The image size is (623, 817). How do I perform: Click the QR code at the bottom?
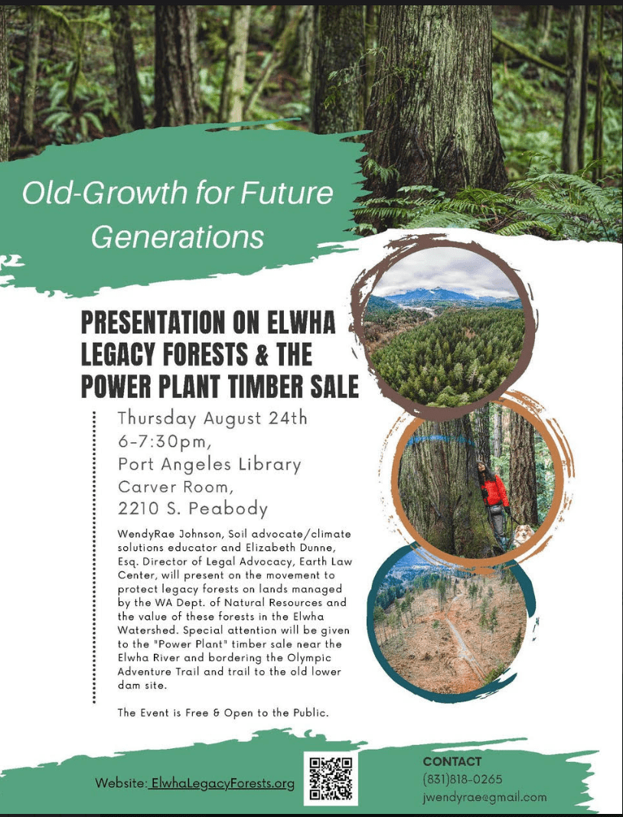(x=331, y=779)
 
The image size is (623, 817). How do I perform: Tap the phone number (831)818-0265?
(x=462, y=780)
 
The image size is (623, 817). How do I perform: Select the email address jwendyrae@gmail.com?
(x=484, y=797)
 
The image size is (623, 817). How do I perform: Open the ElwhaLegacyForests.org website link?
(x=221, y=783)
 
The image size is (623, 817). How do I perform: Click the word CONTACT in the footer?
(x=452, y=761)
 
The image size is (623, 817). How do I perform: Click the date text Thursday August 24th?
(x=212, y=418)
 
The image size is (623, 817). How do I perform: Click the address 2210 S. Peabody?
(x=193, y=509)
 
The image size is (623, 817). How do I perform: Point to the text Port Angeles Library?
(x=209, y=464)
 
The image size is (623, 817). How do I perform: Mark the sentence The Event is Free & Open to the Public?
(x=223, y=713)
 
